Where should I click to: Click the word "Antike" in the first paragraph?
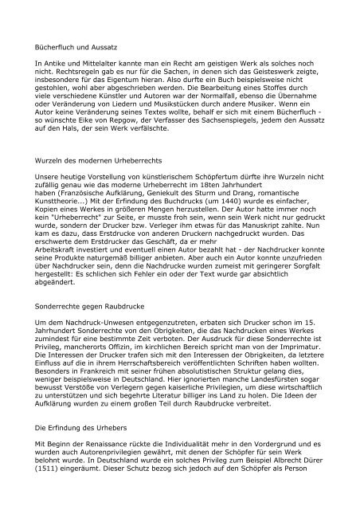(x=58, y=61)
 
